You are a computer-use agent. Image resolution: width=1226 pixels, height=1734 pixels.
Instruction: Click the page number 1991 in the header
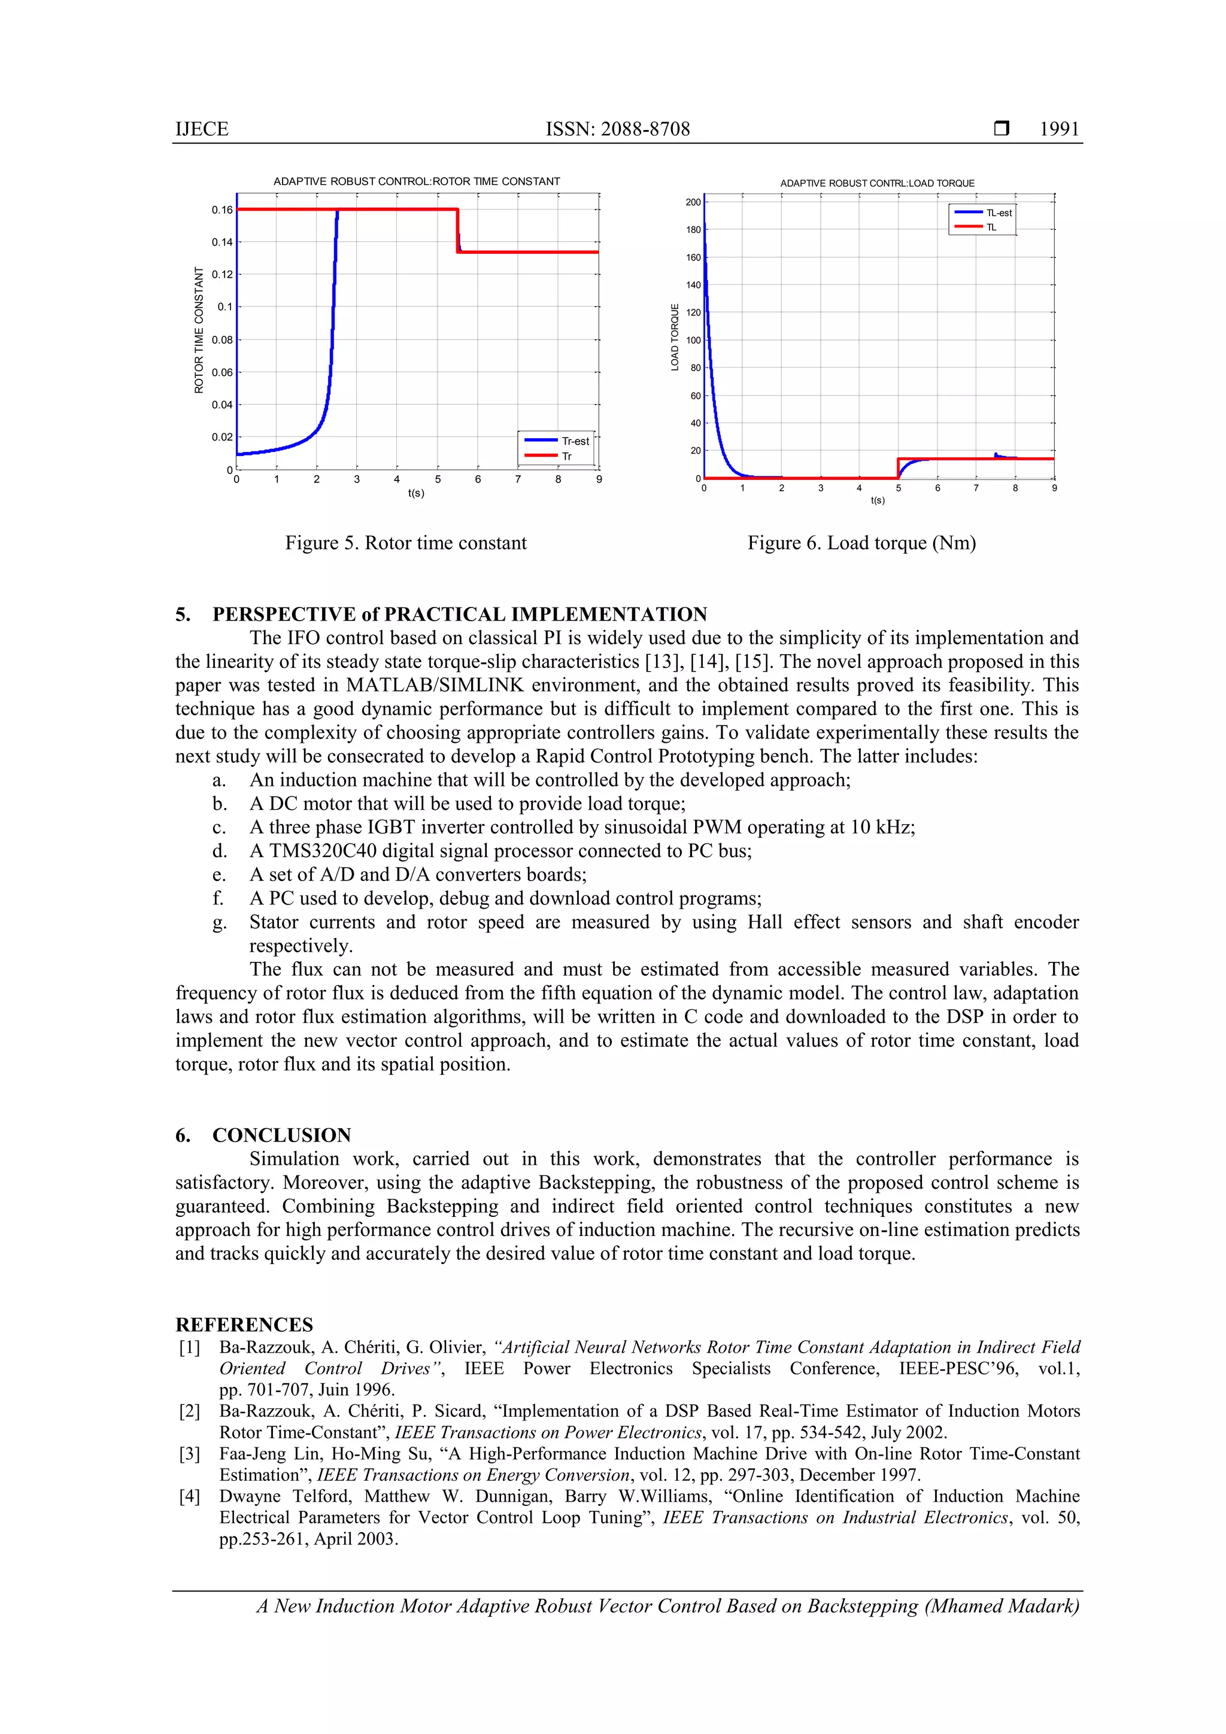click(x=1059, y=129)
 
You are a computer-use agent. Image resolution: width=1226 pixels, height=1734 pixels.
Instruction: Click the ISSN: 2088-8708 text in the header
click(x=617, y=129)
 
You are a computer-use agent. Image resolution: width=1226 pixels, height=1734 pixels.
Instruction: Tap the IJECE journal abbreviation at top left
click(x=202, y=129)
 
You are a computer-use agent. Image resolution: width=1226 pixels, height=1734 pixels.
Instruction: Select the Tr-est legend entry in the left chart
click(x=575, y=441)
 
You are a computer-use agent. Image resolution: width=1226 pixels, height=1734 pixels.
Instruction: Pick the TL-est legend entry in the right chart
click(x=999, y=213)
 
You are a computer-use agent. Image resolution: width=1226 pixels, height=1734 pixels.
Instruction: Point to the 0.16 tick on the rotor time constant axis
click(x=222, y=210)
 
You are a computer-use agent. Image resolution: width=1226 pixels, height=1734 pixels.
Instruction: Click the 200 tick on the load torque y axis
click(x=693, y=202)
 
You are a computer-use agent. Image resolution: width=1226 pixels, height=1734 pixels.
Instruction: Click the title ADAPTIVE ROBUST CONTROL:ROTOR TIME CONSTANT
click(x=416, y=181)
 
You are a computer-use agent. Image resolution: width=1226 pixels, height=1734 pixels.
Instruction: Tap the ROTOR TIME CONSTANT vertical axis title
click(x=199, y=330)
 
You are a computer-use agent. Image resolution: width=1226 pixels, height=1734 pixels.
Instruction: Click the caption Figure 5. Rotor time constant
click(x=406, y=543)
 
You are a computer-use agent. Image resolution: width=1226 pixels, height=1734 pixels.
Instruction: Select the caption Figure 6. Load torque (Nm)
click(x=861, y=543)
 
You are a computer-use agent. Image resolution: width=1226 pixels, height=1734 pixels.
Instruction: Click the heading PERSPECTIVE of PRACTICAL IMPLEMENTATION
click(x=459, y=614)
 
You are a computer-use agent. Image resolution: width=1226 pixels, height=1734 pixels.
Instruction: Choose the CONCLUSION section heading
click(x=281, y=1135)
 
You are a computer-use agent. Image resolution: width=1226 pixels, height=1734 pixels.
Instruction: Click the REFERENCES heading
click(x=244, y=1325)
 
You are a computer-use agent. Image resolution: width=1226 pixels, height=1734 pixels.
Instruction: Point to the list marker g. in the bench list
click(x=219, y=922)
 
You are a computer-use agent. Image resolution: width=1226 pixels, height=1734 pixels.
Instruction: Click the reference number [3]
click(x=190, y=1454)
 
